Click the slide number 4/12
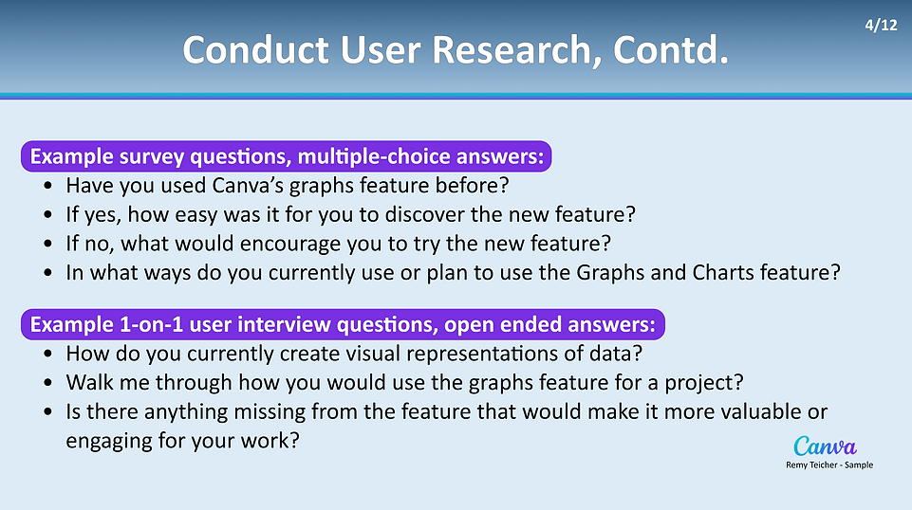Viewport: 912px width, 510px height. (x=881, y=25)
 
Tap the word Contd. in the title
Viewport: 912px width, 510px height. (x=671, y=50)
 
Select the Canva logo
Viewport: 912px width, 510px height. (x=825, y=446)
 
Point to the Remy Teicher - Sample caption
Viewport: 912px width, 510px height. (x=829, y=464)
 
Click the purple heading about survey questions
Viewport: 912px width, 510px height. (x=287, y=156)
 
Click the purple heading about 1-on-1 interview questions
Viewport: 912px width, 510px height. (x=343, y=324)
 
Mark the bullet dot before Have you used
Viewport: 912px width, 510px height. (x=47, y=186)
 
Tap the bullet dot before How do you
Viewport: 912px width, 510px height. (x=47, y=354)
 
